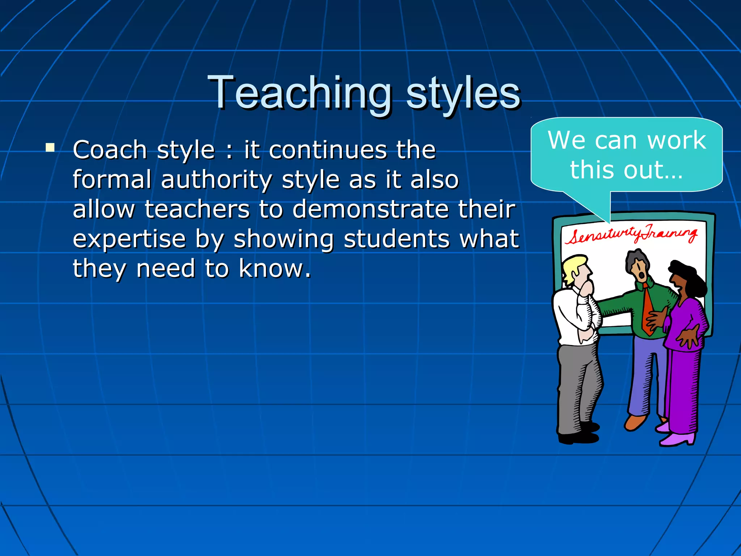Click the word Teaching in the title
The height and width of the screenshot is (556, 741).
[x=300, y=93]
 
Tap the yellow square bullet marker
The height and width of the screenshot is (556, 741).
[x=50, y=147]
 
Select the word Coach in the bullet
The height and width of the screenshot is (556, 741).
[x=110, y=150]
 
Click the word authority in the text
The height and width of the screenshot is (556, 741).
[x=216, y=180]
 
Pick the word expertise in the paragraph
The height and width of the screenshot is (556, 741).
[x=129, y=239]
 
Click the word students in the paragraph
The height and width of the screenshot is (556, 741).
[x=397, y=239]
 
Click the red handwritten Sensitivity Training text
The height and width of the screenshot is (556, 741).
[x=631, y=235]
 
